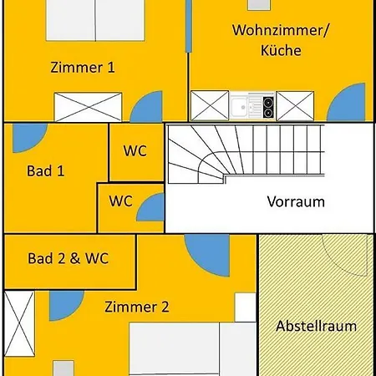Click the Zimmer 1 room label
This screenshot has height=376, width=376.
coord(83,68)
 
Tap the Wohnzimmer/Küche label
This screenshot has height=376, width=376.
coord(281,40)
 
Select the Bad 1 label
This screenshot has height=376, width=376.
coord(45,170)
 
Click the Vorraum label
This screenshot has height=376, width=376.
coord(296,201)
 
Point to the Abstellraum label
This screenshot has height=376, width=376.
coord(316,326)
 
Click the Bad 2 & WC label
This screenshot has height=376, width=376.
coord(68,258)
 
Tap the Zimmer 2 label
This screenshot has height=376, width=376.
coord(137,307)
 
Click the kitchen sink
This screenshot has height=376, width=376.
coord(243,106)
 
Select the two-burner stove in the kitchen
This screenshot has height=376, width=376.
coord(268,106)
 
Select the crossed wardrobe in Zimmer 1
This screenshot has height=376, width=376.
coord(88,107)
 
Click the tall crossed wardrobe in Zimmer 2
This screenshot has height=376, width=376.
coord(19,323)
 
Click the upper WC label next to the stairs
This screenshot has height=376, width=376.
coord(135,150)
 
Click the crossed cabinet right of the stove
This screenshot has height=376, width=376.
coord(295,106)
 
